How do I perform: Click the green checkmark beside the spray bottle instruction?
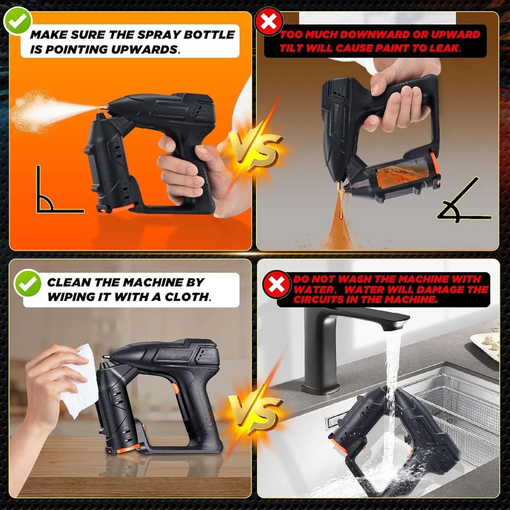click(17, 22)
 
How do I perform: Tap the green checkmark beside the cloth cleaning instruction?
click(28, 284)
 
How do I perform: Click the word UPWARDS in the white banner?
click(144, 49)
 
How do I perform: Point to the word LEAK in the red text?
click(444, 48)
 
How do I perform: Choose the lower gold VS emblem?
click(255, 411)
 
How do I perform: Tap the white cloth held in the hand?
click(80, 380)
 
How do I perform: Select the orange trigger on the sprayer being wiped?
click(175, 388)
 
